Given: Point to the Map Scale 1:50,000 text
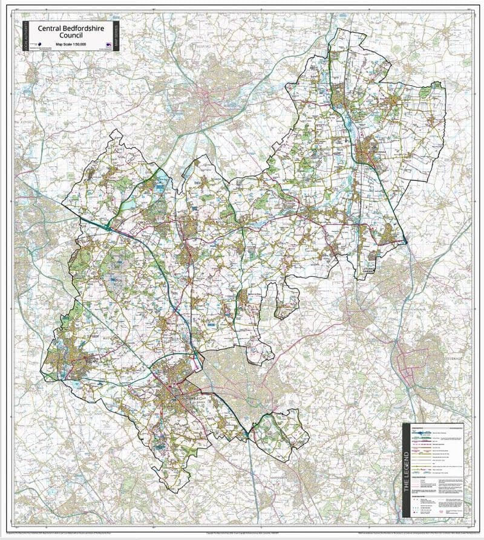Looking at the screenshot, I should point(71,44).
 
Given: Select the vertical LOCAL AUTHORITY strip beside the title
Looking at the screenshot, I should point(26,37).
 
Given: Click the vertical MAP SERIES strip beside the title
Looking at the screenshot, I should point(117,37).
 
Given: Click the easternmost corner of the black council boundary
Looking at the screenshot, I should point(446,85).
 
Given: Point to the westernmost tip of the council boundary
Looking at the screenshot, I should point(41,369).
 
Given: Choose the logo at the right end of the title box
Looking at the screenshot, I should point(109,45).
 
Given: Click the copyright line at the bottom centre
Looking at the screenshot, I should point(242,532).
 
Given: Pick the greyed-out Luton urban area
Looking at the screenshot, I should point(233,375).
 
